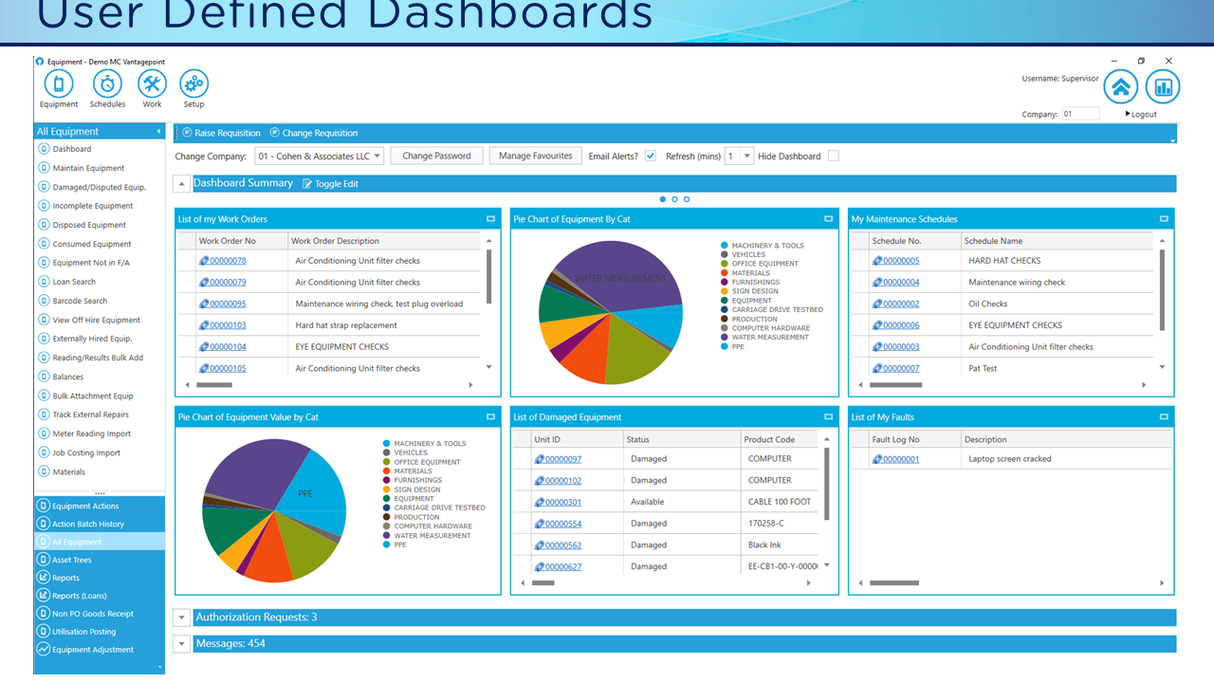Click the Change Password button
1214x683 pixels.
(436, 156)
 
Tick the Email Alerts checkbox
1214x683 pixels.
(651, 156)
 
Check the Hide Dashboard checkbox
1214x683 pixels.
(833, 156)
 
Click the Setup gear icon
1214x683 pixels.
(193, 84)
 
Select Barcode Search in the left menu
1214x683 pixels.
(80, 301)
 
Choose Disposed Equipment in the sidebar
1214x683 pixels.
(89, 225)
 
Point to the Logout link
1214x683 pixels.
(1142, 114)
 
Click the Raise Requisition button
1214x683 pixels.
(227, 133)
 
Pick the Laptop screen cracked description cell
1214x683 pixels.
(1009, 459)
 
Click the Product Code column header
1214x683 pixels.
(770, 439)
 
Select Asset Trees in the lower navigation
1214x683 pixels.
(72, 560)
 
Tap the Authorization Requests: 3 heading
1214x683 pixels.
(256, 618)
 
